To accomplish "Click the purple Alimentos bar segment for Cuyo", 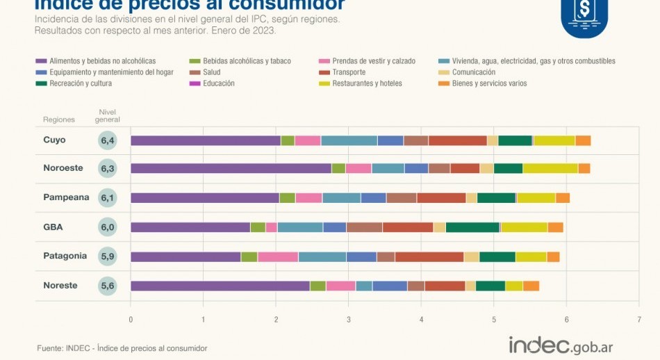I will point(206,140).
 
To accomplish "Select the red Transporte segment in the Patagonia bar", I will point(429,256).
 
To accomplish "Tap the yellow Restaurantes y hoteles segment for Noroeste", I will point(550,168).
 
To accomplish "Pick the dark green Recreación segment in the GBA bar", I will point(472,227).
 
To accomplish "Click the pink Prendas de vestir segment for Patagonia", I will point(278,256).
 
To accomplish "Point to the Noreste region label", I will point(60,286).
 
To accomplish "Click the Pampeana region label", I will point(66,197).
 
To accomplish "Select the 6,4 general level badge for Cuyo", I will point(108,140).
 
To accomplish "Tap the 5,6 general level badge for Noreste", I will point(108,286).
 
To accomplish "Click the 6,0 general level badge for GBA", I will point(108,227).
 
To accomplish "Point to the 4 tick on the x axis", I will point(421,320).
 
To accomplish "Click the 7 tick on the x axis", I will point(638,320).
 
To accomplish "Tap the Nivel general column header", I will point(108,115).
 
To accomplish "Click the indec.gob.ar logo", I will point(561,345).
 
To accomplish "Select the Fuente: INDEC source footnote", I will point(122,347).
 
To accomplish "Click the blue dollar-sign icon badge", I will point(584,15).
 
